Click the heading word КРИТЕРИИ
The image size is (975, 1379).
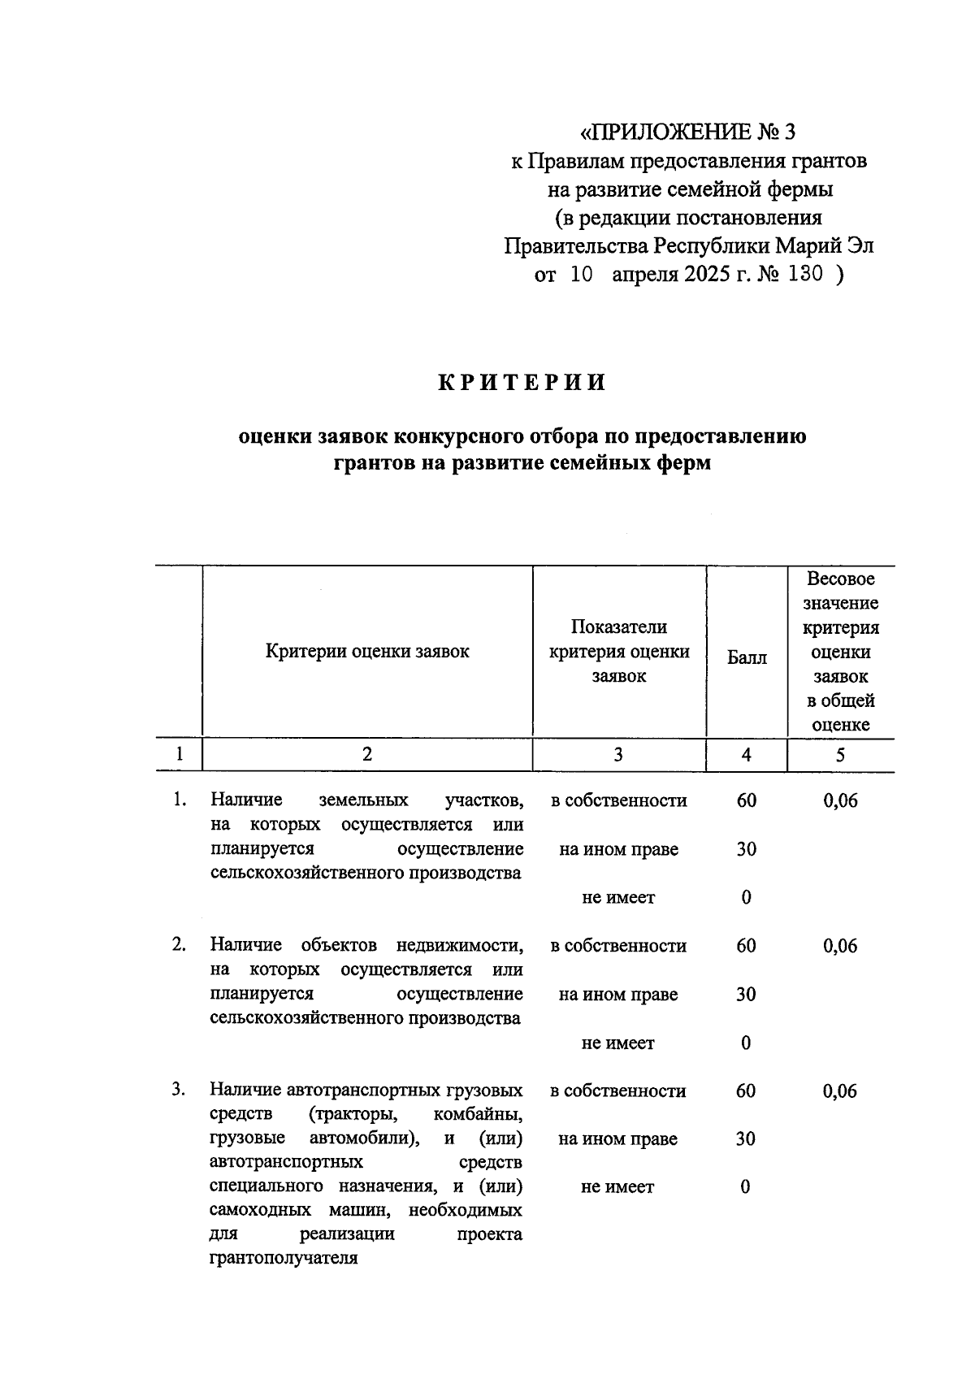(x=522, y=383)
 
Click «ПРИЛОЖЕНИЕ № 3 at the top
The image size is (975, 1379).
(x=688, y=132)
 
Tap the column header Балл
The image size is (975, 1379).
(x=746, y=657)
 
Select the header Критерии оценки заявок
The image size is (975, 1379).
(x=367, y=651)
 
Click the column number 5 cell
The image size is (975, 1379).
(x=840, y=755)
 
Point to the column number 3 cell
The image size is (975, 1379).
(x=618, y=755)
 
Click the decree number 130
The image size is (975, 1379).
(x=805, y=275)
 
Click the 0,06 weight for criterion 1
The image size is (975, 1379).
(x=840, y=801)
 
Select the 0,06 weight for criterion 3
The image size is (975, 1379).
(x=840, y=1091)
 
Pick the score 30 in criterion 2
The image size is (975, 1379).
(x=746, y=995)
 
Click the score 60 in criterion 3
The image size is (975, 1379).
(x=746, y=1091)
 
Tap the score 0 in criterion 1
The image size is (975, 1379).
(x=746, y=898)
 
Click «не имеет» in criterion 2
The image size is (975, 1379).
(x=617, y=1043)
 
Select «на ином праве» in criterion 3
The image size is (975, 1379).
(x=617, y=1139)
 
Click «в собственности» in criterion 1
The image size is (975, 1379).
(x=618, y=801)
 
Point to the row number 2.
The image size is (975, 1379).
(x=179, y=945)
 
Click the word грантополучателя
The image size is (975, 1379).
(x=284, y=1260)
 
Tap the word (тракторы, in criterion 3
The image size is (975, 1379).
(x=350, y=1114)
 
